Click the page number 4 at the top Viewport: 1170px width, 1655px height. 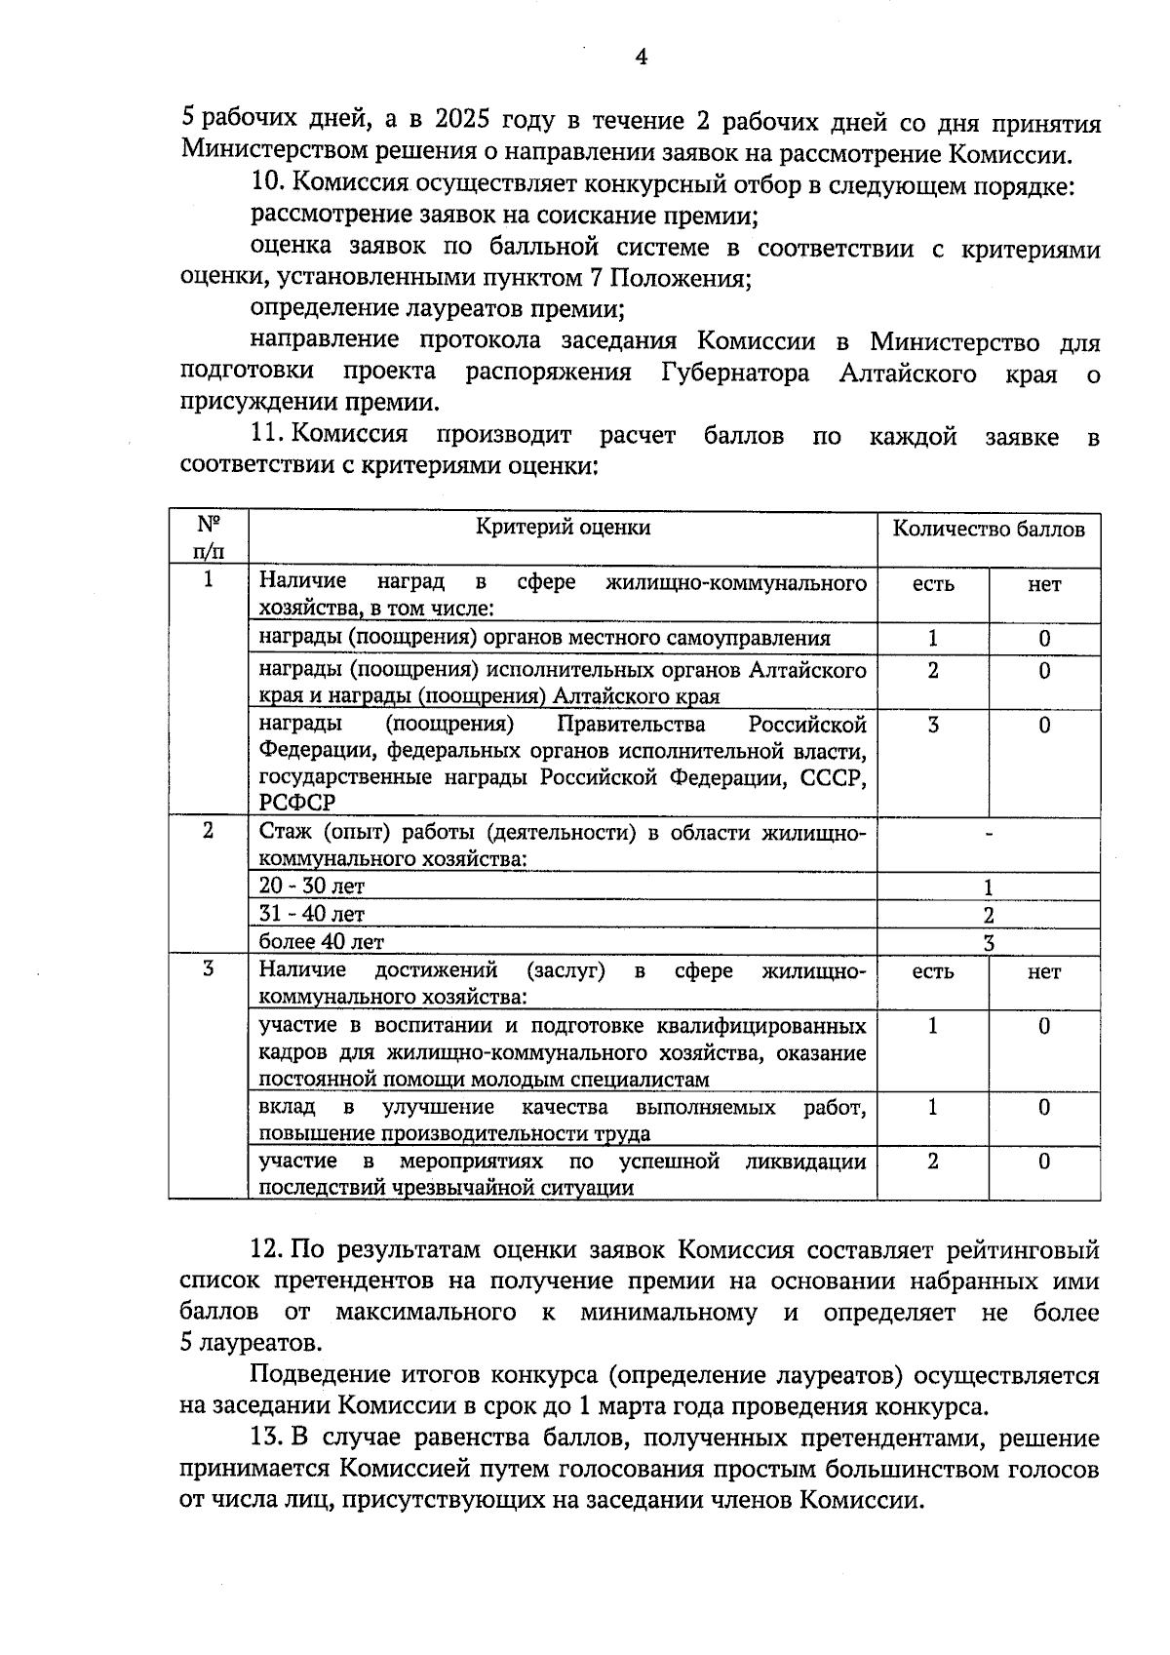click(x=641, y=58)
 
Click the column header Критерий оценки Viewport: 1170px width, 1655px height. click(x=563, y=528)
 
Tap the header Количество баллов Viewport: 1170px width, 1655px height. click(x=989, y=530)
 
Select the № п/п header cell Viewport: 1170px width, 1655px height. click(x=208, y=537)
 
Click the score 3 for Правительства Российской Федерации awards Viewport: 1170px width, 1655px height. click(x=933, y=726)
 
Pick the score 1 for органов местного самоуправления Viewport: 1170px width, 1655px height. click(x=933, y=639)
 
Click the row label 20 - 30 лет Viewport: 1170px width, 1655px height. click(x=311, y=887)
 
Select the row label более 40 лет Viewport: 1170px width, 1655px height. click(x=321, y=942)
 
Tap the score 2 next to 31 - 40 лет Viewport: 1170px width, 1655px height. click(x=989, y=915)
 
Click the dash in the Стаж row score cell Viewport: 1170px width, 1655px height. click(x=989, y=835)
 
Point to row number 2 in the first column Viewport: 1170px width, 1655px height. click(x=208, y=831)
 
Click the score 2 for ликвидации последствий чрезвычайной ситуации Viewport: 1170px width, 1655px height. click(x=933, y=1162)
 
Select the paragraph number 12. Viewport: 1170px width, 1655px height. click(x=266, y=1250)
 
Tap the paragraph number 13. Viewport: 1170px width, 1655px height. click(x=266, y=1438)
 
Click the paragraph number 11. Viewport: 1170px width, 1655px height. click(x=266, y=436)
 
